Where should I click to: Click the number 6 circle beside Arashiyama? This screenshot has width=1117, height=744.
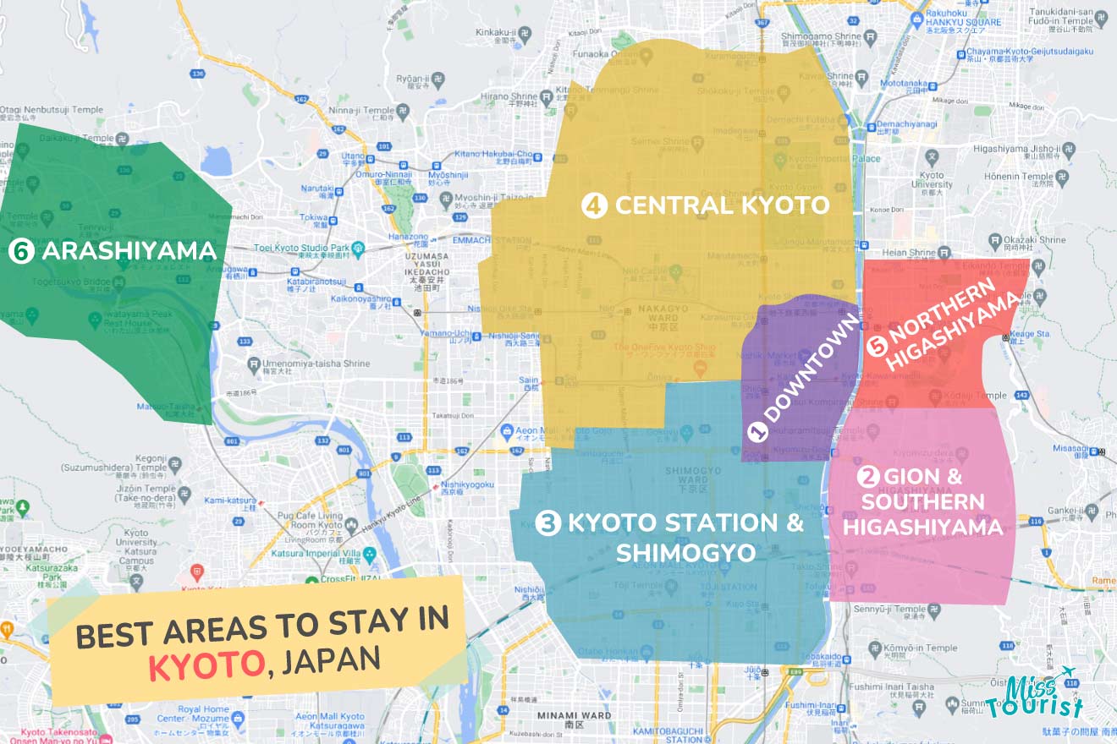pos(20,250)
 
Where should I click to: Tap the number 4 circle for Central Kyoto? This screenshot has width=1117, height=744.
pos(595,205)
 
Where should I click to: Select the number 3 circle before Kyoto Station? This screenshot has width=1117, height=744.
pos(548,524)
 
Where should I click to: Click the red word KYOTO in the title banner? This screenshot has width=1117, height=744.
pos(206,665)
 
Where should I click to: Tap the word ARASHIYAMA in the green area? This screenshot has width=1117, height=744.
pos(129,250)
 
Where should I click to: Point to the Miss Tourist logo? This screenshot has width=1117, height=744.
pos(1034,695)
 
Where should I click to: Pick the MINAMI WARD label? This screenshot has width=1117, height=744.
pos(574,715)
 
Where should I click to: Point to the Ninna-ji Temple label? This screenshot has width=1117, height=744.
pos(367,110)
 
